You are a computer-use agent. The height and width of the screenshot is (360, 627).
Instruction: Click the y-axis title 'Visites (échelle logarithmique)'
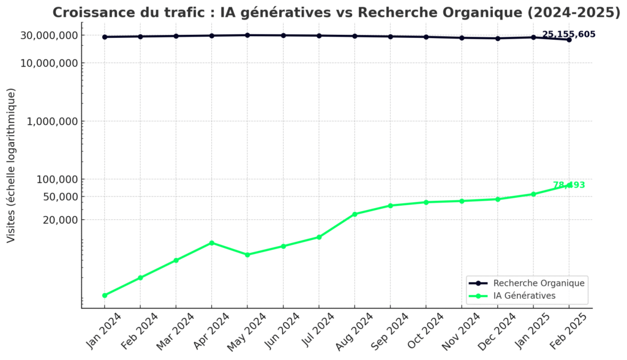12,165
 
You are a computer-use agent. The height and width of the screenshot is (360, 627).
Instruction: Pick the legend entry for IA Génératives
524,295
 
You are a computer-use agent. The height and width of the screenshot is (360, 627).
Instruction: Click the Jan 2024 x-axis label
103,331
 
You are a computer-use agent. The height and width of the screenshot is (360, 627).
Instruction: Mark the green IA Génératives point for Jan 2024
105,295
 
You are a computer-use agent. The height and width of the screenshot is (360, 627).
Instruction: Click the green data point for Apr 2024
212,243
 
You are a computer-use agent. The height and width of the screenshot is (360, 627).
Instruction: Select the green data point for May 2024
247,255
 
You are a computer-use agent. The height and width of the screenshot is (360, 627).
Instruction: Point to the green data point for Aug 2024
355,214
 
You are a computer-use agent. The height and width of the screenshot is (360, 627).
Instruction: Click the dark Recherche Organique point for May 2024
247,35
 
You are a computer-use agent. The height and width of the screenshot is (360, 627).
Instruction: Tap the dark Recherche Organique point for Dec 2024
498,39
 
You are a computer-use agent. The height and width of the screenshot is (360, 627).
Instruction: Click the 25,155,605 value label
569,34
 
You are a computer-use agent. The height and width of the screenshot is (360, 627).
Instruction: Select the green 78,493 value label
569,185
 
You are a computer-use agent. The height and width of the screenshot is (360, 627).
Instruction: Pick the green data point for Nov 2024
462,201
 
